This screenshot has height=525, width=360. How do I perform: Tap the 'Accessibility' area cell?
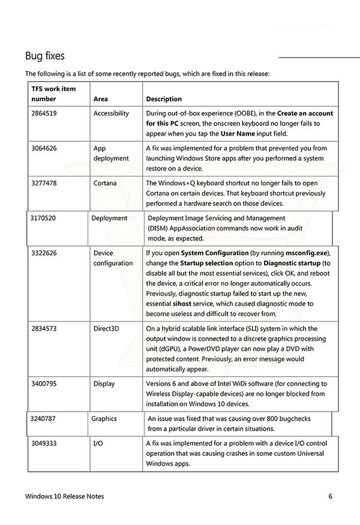click(x=111, y=113)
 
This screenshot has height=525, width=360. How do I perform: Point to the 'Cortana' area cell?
click(x=105, y=182)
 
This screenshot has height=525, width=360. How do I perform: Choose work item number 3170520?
click(x=43, y=218)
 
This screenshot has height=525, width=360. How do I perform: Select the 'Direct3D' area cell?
click(x=107, y=329)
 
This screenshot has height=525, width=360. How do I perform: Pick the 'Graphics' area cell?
click(x=104, y=418)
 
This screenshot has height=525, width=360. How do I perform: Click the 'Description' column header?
click(x=164, y=99)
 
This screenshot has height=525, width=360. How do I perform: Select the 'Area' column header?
click(x=101, y=99)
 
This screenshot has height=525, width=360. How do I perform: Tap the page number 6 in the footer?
click(x=330, y=497)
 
